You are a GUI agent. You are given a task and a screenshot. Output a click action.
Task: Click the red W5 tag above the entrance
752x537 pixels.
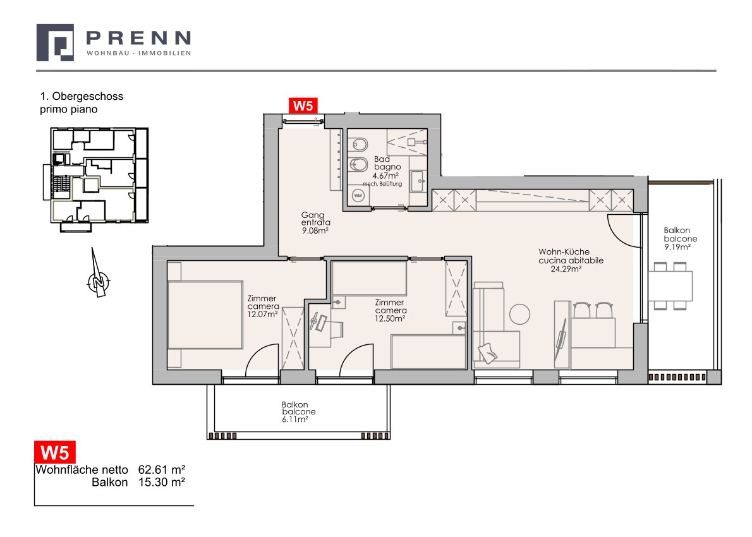click(303, 106)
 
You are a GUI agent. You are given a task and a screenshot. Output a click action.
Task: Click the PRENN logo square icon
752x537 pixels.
click(55, 43)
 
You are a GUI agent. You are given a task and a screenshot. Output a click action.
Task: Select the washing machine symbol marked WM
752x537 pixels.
click(358, 196)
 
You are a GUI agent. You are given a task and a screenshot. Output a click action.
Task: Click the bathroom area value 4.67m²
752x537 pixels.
click(385, 176)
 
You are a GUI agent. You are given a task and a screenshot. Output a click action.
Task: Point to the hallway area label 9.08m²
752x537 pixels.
click(315, 231)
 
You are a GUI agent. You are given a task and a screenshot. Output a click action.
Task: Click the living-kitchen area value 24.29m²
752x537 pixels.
click(566, 269)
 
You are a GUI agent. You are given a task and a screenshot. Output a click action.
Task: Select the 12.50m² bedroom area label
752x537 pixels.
click(391, 318)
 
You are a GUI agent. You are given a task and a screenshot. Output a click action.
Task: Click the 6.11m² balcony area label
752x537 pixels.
click(295, 419)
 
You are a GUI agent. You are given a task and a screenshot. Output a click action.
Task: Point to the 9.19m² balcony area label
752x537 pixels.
click(677, 248)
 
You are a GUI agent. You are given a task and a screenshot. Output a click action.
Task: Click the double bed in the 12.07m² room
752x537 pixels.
click(205, 315)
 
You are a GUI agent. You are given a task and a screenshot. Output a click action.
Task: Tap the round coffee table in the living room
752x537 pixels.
click(520, 315)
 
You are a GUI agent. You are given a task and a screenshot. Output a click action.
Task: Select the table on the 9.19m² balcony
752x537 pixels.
click(670, 286)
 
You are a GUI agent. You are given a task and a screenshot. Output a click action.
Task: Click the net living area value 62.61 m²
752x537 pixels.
click(162, 469)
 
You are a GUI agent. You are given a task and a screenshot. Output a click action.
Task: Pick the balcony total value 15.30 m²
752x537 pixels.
click(162, 482)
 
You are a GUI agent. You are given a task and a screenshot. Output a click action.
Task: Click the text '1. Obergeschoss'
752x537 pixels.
click(82, 96)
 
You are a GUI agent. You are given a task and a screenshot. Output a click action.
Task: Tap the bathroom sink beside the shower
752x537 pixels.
click(417, 181)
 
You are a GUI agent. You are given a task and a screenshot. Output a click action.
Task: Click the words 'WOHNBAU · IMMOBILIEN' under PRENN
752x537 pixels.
click(138, 53)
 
